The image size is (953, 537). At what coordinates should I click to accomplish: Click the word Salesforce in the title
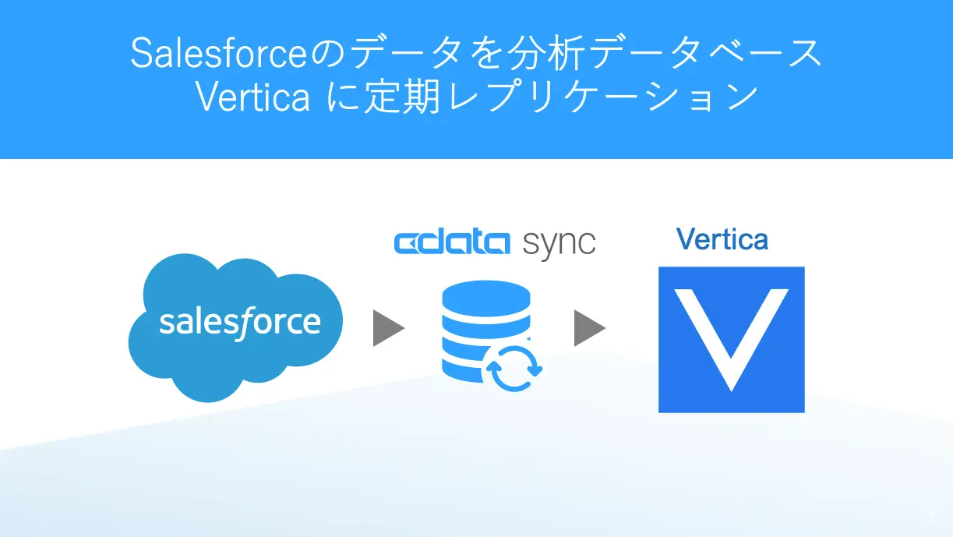click(218, 53)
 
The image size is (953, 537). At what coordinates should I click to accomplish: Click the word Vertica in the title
click(252, 97)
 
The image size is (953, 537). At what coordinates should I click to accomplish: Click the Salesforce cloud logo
click(235, 327)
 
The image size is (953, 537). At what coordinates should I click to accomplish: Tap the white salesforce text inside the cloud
click(240, 323)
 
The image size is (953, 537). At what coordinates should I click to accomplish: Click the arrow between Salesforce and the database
click(388, 328)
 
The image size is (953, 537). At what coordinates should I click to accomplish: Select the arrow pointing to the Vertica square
click(590, 328)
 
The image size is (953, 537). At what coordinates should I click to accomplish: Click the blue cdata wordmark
click(452, 243)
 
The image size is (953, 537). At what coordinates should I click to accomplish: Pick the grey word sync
click(559, 245)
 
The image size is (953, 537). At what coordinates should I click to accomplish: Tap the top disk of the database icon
click(486, 297)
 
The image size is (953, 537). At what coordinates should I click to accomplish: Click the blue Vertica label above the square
click(722, 239)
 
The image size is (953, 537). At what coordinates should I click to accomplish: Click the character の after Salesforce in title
click(326, 54)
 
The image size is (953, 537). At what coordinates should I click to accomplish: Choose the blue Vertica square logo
click(732, 340)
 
